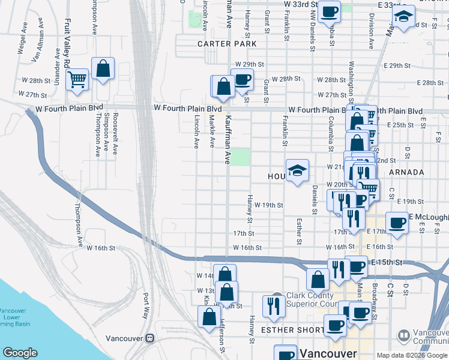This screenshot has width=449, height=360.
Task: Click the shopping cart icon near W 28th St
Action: coord(77,79)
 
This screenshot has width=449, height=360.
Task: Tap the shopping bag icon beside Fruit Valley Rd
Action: coord(103,68)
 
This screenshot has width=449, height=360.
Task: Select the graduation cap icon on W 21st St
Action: coord(297,171)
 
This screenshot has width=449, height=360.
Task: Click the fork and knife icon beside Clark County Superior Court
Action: coord(274,306)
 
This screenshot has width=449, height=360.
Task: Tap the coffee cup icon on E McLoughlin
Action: coord(397,224)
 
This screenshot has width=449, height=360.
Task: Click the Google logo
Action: coord(20,353)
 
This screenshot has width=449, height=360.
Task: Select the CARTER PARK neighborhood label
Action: coord(227,44)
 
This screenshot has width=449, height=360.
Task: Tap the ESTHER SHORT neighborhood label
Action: coord(286,330)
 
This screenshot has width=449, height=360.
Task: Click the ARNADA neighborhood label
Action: coord(406,172)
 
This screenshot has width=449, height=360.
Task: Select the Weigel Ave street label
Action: coord(23,40)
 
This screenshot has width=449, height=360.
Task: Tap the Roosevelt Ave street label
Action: coord(115,132)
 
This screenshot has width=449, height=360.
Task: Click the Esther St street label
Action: coord(298,232)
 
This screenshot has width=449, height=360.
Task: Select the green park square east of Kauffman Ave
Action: coord(240,157)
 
